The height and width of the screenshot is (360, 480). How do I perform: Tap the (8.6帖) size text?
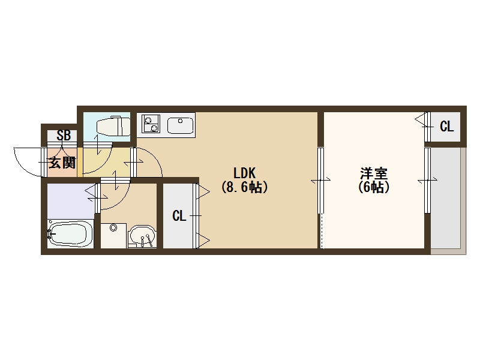pyautogui.click(x=244, y=187)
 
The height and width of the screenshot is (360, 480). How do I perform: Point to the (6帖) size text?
pyautogui.click(x=374, y=187)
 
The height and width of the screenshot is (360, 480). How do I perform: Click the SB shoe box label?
pyautogui.click(x=64, y=136)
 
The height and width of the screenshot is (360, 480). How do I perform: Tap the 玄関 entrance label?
pyautogui.click(x=62, y=162)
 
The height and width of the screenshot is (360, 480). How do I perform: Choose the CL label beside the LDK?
pyautogui.click(x=179, y=216)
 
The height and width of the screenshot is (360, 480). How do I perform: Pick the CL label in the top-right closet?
pyautogui.click(x=446, y=127)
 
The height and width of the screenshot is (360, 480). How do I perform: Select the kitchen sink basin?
pyautogui.click(x=179, y=126)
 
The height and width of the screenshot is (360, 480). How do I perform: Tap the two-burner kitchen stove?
pyautogui.click(x=151, y=124)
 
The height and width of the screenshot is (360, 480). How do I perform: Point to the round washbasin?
pyautogui.click(x=142, y=235)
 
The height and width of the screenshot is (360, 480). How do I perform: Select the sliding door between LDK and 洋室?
pyautogui.click(x=320, y=180)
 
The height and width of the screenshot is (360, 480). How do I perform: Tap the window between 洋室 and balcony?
pyautogui.click(x=427, y=180)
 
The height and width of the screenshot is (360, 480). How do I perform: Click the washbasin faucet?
pyautogui.click(x=143, y=241)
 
